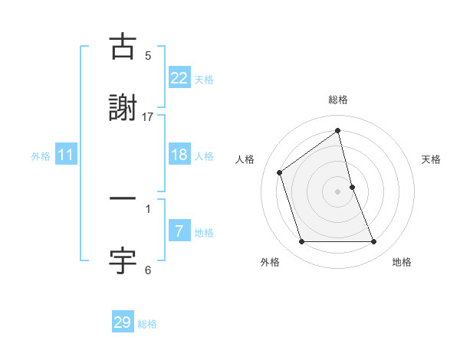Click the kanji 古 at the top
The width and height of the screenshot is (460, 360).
123,48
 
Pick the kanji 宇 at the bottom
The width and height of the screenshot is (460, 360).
123,260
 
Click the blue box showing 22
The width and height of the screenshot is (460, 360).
179,78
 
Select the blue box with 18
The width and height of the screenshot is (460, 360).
179,155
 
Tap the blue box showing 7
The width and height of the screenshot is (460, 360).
179,231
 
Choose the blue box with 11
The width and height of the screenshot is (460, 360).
66,155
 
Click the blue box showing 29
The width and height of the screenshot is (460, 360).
123,322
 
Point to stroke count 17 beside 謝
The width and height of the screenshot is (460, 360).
148,116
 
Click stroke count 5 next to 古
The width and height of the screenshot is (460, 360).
148,55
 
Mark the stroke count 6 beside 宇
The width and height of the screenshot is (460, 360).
148,270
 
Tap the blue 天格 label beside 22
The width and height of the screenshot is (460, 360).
203,80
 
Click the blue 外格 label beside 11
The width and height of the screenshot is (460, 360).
41,156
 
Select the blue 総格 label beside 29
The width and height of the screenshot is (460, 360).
147,324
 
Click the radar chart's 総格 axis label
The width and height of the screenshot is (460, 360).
338,100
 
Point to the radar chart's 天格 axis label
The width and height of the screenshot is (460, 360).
431,159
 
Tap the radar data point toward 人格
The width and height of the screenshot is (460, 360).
280,172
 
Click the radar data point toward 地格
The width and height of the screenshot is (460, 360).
374,242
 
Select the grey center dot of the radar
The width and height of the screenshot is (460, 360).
338,191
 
